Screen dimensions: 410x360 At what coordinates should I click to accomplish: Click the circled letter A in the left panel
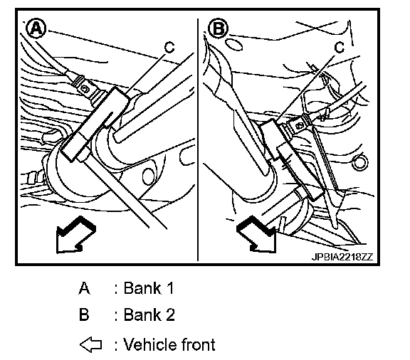point(36,28)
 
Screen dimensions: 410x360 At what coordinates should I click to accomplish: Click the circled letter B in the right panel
point(219,28)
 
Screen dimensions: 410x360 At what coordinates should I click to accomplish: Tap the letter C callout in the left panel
point(169,48)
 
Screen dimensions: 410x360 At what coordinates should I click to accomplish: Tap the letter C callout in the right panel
point(340,48)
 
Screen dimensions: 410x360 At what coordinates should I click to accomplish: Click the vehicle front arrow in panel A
point(75,235)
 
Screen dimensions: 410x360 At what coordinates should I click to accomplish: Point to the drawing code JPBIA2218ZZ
point(342,257)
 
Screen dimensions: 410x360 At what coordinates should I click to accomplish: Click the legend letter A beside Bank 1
point(84,288)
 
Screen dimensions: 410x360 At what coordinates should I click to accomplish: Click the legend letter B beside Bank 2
point(84,314)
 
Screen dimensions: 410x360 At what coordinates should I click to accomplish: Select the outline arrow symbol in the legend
point(90,344)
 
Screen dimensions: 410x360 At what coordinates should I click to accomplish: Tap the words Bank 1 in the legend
point(149,288)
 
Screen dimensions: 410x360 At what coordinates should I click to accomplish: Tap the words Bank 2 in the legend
point(149,314)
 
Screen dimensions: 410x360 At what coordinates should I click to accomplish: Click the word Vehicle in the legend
point(149,344)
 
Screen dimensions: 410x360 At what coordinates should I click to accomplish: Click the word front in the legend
point(197,344)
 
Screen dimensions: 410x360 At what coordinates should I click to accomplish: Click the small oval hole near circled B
point(233,45)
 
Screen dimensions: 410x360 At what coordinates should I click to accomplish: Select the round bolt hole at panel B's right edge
point(359,163)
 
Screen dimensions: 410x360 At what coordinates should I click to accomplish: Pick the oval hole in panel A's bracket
point(148,176)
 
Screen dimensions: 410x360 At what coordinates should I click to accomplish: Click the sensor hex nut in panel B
point(298,126)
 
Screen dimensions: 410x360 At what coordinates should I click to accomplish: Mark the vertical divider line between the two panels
point(198,139)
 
